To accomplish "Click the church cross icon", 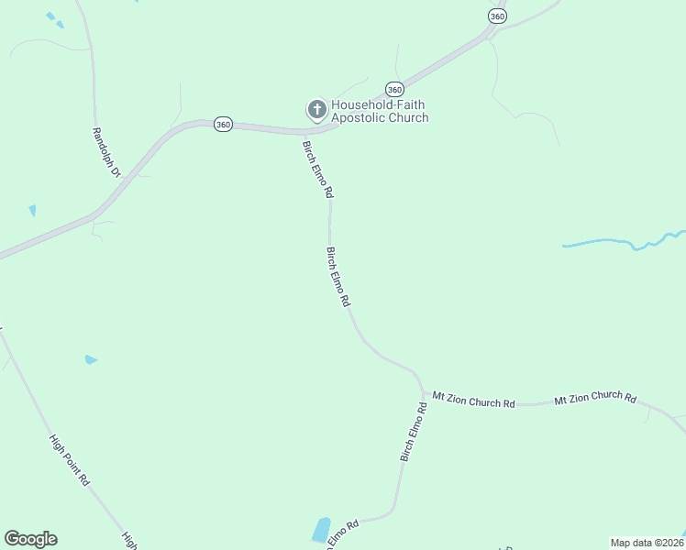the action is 316,111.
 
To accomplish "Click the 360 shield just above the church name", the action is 394,89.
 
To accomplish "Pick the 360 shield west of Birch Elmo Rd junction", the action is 222,125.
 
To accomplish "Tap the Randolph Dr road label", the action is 105,151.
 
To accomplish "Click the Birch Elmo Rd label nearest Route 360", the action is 317,170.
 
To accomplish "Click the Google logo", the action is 30,539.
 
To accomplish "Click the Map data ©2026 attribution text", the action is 647,543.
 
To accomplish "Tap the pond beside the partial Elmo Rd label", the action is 321,530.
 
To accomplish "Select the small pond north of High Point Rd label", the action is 90,360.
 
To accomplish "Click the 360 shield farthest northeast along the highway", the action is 496,16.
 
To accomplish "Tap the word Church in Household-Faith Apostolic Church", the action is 409,118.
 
